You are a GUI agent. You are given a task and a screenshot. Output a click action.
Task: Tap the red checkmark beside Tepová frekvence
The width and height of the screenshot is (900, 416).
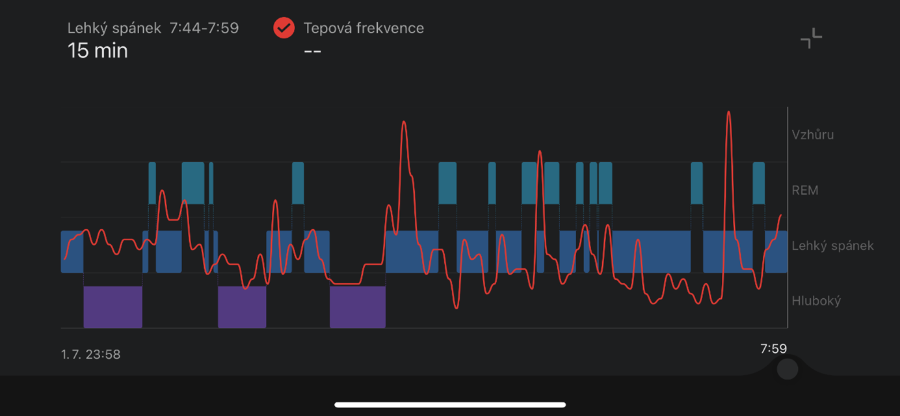point(284,28)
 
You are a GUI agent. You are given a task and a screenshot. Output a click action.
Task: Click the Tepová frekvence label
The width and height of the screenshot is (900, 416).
point(364,28)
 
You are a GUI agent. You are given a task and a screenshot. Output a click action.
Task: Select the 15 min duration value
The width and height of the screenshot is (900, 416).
point(98,51)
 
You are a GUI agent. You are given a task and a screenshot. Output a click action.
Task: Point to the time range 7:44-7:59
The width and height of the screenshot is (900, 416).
point(204,28)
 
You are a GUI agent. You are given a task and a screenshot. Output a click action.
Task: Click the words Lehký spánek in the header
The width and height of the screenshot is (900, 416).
point(114,29)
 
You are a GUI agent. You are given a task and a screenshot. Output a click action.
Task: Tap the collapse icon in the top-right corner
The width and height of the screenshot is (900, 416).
point(811,38)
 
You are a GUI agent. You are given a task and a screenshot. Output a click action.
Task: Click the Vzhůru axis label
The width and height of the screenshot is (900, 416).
point(812,134)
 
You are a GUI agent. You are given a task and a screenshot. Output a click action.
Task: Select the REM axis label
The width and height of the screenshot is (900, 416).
point(805,190)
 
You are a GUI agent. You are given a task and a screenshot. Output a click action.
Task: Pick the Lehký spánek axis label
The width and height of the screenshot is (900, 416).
point(832,245)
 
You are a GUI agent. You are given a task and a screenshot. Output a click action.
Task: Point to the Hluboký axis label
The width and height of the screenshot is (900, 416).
point(816,301)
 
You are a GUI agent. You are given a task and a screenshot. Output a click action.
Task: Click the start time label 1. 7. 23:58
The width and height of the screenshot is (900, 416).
point(90,354)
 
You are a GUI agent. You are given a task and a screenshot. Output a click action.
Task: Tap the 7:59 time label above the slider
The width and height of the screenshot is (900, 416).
point(773,348)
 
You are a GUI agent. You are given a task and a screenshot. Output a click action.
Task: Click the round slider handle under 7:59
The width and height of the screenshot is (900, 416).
point(787,369)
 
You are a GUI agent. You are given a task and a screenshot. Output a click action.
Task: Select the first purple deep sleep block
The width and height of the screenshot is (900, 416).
point(113,307)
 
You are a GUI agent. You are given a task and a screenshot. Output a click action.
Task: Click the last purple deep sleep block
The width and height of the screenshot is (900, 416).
point(358,307)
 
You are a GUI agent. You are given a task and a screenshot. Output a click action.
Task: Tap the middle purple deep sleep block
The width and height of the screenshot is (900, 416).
point(242,307)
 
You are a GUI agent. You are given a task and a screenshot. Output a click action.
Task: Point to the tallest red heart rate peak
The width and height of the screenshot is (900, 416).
point(728,113)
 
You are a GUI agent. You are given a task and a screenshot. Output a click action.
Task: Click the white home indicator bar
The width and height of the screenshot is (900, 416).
point(450,405)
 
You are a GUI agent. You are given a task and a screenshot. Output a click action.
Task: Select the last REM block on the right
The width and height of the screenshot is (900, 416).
point(759,183)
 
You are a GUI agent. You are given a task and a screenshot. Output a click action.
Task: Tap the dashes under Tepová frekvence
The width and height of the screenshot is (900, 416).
point(313,51)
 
